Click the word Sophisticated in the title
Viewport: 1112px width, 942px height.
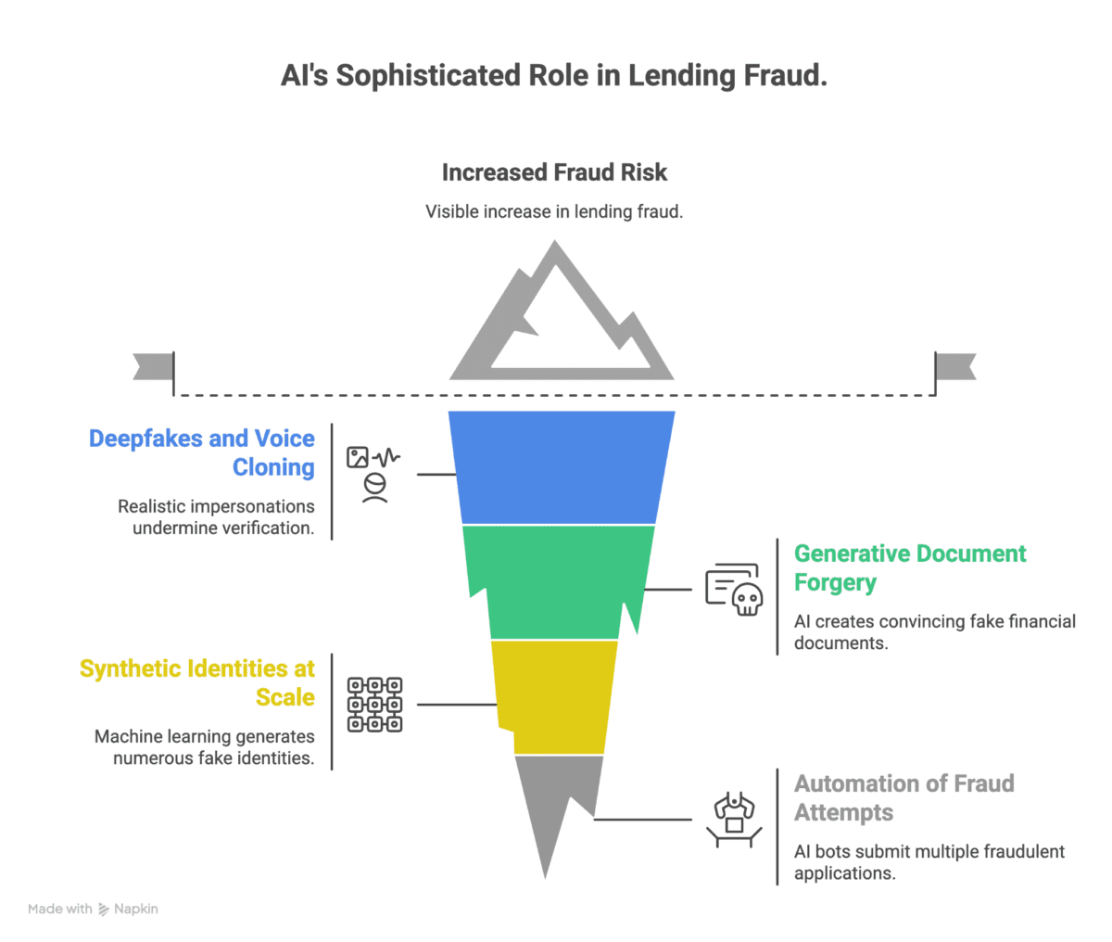[429, 75]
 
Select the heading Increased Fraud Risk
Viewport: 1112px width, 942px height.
[554, 172]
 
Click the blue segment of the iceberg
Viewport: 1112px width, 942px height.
[562, 467]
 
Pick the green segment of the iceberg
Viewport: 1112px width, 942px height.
[560, 581]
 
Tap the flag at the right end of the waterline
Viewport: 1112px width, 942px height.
[955, 367]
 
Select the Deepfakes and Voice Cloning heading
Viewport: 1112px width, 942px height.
[202, 452]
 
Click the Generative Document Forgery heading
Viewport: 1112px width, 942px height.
[910, 568]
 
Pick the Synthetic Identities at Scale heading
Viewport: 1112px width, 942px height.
[196, 682]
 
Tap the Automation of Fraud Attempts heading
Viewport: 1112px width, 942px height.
[903, 797]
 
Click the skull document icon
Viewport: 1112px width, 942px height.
[734, 590]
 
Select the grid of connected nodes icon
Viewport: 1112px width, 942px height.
[374, 705]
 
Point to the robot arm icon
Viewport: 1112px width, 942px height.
[734, 820]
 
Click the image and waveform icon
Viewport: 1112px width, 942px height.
[373, 474]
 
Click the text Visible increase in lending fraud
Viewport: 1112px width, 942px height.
[554, 211]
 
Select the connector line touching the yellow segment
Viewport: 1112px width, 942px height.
[457, 705]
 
